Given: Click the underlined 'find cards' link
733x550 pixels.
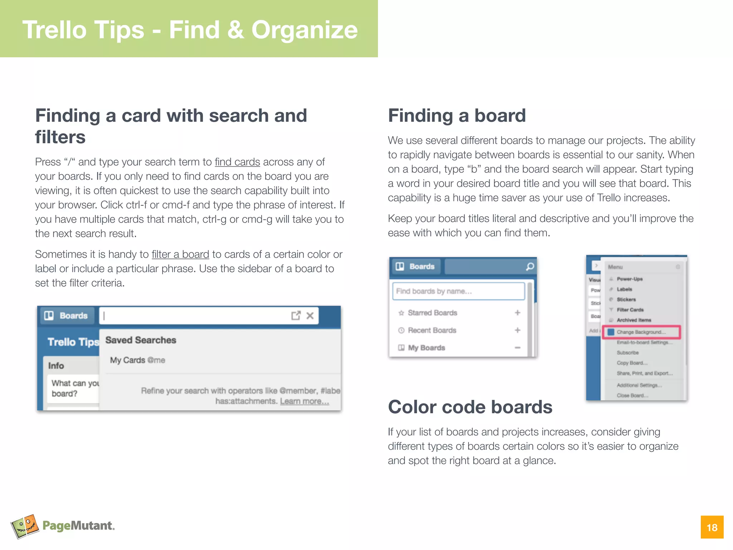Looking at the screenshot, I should [x=237, y=162].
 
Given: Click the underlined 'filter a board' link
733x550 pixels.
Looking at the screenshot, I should [x=180, y=255].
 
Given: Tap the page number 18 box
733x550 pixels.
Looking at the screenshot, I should [x=712, y=527].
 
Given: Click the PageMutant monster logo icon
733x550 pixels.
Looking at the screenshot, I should [x=25, y=526].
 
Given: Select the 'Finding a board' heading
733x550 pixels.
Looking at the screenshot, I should [x=457, y=116].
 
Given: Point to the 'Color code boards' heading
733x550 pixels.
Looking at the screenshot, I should [x=470, y=407].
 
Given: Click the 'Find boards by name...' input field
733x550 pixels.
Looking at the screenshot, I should [x=458, y=291].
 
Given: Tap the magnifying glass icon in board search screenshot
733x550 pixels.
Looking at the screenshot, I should [x=530, y=266].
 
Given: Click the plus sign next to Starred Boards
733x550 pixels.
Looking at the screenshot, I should [x=518, y=313].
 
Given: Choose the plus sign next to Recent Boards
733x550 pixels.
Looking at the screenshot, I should [x=518, y=330].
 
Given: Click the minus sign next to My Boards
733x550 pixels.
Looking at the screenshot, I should [x=518, y=348].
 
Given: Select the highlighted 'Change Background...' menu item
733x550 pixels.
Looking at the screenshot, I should [x=641, y=332].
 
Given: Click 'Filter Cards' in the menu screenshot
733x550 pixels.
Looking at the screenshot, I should [x=630, y=310].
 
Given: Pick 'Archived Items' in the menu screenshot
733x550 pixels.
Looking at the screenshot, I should [x=634, y=320].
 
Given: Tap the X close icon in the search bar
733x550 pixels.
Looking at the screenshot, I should [x=310, y=315].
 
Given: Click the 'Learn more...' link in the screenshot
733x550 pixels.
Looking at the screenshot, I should [x=304, y=401].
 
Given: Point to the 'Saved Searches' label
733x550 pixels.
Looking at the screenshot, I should [x=141, y=340].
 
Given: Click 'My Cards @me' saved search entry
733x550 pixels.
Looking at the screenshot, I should [x=137, y=360].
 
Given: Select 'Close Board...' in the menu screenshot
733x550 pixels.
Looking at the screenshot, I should [x=632, y=396].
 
